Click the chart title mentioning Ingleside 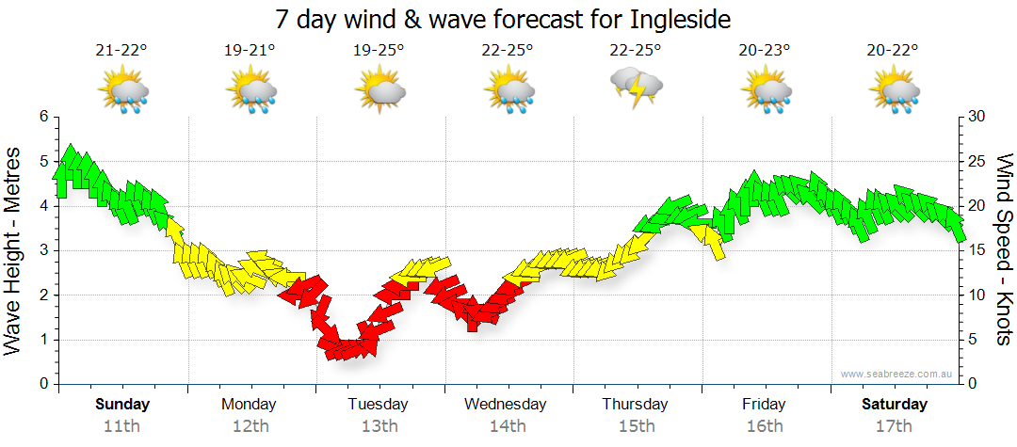pos(504,19)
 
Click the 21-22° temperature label pos(122,51)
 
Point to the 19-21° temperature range pos(250,51)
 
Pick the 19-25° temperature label pos(379,51)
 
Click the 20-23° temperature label pos(765,51)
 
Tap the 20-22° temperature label pos(894,51)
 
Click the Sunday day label pos(122,405)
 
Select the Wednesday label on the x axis pos(506,405)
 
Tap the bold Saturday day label pos(895,405)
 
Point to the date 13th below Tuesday pos(379,425)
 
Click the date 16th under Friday pos(764,425)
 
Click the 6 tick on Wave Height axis pos(43,117)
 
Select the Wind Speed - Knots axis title pos(1004,249)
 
